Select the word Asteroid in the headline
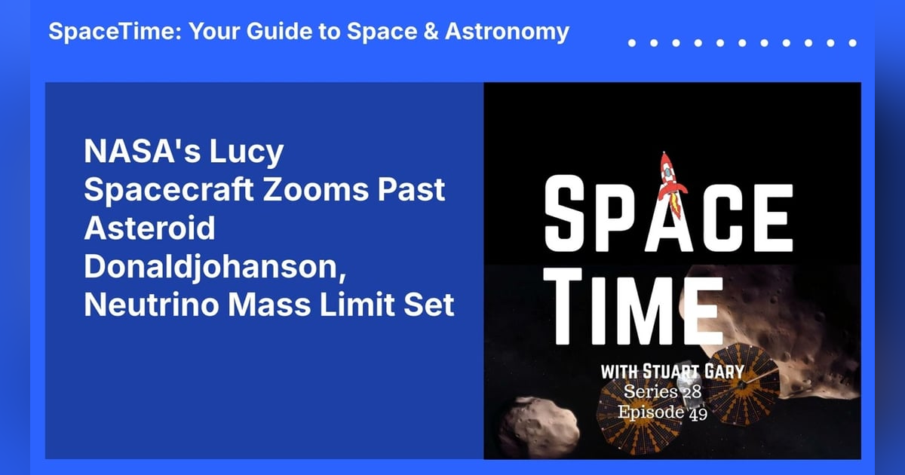(x=149, y=228)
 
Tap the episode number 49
(x=697, y=413)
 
